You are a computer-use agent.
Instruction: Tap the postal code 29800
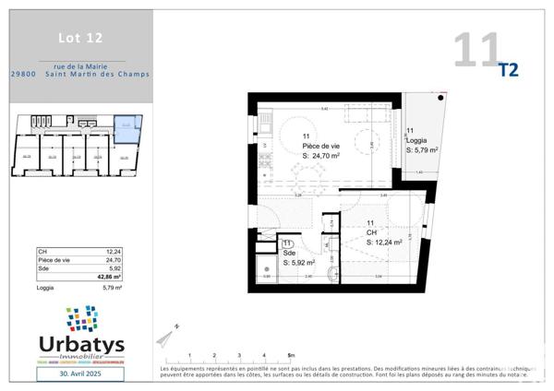tap(23, 75)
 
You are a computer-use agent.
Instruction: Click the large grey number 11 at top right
tap(476, 50)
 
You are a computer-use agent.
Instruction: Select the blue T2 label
tap(509, 70)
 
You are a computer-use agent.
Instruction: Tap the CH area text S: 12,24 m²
tap(387, 242)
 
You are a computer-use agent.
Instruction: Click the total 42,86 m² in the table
tap(108, 276)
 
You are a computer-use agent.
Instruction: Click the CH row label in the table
tap(42, 251)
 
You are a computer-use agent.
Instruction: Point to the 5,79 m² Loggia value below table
tap(110, 288)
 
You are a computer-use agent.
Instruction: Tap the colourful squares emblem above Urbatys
tap(82, 318)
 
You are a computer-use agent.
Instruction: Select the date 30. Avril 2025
tap(82, 374)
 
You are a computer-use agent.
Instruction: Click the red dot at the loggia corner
tap(443, 98)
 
